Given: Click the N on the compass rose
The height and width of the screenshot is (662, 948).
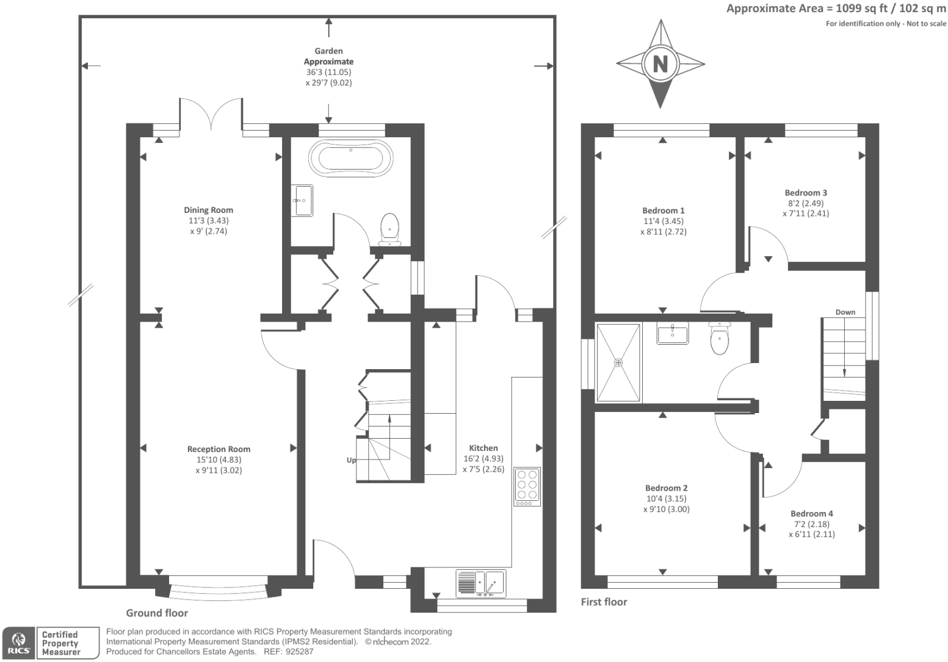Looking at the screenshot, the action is tap(660, 64).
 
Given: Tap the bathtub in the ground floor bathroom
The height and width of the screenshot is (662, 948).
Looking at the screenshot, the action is tap(351, 159).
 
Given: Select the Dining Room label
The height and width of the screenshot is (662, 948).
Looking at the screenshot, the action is tap(208, 210).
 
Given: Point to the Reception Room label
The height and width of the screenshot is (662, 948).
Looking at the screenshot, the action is tap(219, 449).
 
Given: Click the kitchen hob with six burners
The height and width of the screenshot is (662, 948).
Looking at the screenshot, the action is tap(527, 486).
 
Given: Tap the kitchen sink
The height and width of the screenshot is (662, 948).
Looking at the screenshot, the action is tap(481, 583).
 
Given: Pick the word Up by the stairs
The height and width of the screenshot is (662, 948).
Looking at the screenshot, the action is tap(351, 460).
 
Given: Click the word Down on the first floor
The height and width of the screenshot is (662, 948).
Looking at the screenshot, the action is tap(845, 312).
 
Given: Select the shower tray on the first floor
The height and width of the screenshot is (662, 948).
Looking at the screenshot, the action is tap(618, 362).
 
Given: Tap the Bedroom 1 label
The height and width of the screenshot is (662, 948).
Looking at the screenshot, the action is tap(663, 210).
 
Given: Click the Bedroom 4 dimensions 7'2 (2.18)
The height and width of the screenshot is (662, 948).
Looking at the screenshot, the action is tap(812, 524).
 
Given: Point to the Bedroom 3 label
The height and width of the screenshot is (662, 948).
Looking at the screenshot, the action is tap(806, 192).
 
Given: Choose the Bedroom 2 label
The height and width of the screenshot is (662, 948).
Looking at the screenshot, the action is tap(666, 488).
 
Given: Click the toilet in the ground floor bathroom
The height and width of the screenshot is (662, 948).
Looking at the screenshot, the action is tap(390, 229).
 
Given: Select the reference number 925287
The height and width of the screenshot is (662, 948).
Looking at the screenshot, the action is tap(299, 652).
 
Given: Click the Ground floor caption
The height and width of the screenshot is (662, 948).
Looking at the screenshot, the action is tap(157, 613).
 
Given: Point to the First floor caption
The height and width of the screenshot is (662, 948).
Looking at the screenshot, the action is tap(604, 602).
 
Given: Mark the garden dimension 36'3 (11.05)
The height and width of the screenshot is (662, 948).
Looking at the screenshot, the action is tap(329, 72).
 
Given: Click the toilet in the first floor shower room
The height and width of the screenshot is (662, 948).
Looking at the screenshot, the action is tap(720, 338).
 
